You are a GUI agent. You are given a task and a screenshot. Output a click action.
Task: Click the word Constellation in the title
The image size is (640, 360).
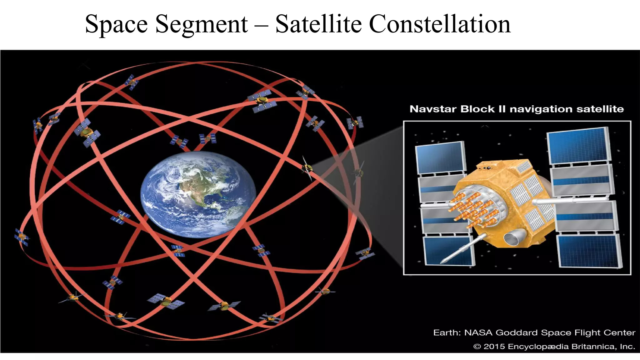(x=440, y=24)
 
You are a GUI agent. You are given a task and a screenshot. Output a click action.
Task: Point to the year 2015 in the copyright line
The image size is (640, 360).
(x=494, y=346)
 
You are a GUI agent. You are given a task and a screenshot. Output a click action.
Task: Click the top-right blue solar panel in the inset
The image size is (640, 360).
(x=578, y=145)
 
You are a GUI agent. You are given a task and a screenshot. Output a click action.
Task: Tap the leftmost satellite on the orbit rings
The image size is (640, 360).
(x=22, y=237)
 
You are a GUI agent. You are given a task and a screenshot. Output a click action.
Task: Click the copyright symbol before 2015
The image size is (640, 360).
(x=477, y=347)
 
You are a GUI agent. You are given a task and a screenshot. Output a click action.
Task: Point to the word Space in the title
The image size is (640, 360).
(x=116, y=24)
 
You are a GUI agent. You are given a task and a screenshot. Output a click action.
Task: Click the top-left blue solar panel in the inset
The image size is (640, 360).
(x=440, y=158)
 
